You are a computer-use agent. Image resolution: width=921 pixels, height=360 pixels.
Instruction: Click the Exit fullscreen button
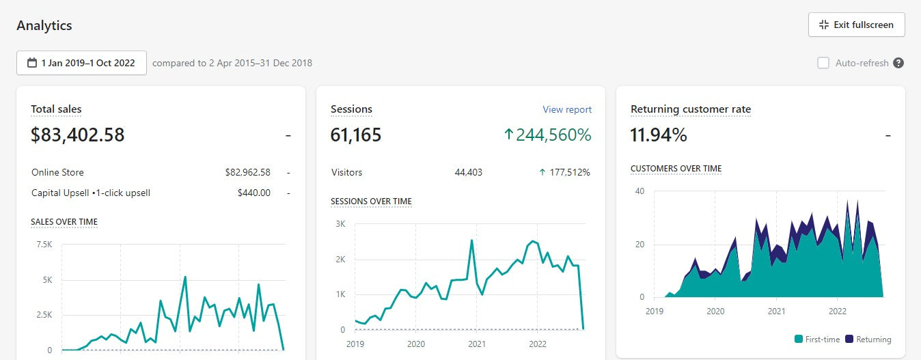click(x=856, y=25)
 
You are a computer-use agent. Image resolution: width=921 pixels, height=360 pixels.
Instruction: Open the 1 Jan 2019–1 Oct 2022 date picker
click(x=81, y=63)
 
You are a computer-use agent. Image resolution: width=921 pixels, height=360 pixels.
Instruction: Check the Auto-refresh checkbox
click(x=823, y=63)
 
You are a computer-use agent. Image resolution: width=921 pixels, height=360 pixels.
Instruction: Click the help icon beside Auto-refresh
click(x=898, y=63)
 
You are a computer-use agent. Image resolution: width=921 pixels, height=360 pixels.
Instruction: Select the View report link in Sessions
click(x=567, y=109)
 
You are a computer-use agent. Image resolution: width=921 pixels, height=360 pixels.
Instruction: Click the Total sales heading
click(x=56, y=109)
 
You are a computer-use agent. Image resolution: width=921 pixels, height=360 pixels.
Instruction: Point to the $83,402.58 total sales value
click(x=78, y=135)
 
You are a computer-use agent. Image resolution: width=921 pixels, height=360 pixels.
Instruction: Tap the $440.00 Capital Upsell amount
click(x=254, y=193)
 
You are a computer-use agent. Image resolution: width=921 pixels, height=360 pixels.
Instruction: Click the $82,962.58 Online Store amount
click(x=247, y=172)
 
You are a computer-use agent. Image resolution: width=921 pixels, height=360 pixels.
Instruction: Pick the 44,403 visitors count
click(x=468, y=172)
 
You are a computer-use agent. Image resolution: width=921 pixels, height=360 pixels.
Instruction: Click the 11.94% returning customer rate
click(x=659, y=135)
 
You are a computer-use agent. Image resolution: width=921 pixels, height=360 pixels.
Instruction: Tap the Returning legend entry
click(x=868, y=340)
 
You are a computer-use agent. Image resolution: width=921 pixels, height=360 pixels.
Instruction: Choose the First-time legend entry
click(x=817, y=340)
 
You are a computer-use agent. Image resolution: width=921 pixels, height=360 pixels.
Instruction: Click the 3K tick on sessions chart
click(x=340, y=224)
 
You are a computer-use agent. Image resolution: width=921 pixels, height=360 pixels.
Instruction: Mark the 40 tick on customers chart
click(x=640, y=191)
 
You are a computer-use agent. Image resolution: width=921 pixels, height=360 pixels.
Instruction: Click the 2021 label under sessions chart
click(x=476, y=344)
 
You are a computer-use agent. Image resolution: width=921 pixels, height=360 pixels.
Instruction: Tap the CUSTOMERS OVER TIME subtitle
click(x=676, y=169)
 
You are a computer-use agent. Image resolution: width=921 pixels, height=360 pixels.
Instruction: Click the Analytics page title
click(x=44, y=26)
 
